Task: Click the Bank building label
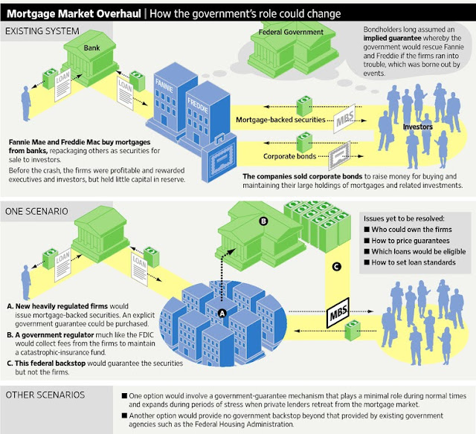pos(91,48)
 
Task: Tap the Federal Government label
pos(291,32)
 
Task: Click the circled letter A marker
pos(222,314)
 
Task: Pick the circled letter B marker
pos(263,221)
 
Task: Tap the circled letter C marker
pos(336,267)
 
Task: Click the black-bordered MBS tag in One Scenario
pos(338,313)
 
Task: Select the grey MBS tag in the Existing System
pos(344,118)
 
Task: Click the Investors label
pos(418,127)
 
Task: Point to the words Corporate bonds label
pos(289,156)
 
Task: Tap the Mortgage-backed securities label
pos(280,120)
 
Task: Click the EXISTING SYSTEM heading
pos(42,31)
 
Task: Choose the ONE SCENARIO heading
pos(36,211)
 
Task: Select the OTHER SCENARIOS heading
pos(45,395)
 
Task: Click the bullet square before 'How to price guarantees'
pos(367,241)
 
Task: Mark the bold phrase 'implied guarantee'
pos(392,38)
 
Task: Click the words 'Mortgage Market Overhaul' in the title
pos(74,14)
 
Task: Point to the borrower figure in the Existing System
pos(26,103)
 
